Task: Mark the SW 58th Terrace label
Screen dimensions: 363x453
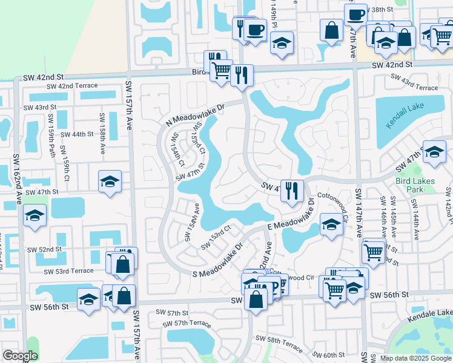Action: point(279,342)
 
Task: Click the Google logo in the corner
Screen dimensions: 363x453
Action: point(21,356)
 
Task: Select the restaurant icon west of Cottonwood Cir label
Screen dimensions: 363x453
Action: point(293,189)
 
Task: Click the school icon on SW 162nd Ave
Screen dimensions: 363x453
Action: point(35,215)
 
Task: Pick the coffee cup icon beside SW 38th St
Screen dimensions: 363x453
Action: point(356,13)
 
